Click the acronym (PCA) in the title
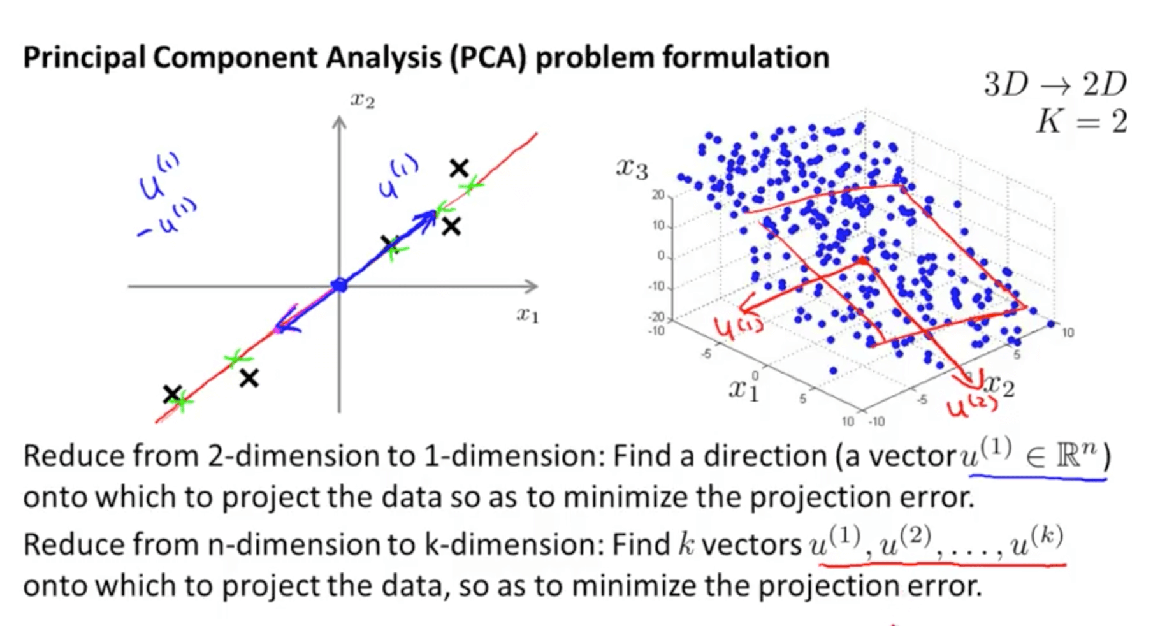pos(488,58)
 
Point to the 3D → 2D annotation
pos(1055,84)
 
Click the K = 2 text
pos(1081,121)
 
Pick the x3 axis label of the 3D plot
pos(631,169)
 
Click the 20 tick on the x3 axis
pos(657,194)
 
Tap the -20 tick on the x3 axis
pos(656,317)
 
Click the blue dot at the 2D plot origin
pos(340,285)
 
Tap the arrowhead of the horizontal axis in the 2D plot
pos(532,286)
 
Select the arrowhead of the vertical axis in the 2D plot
pos(339,121)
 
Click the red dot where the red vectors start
pos(862,261)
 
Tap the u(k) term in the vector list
pos(1036,543)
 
